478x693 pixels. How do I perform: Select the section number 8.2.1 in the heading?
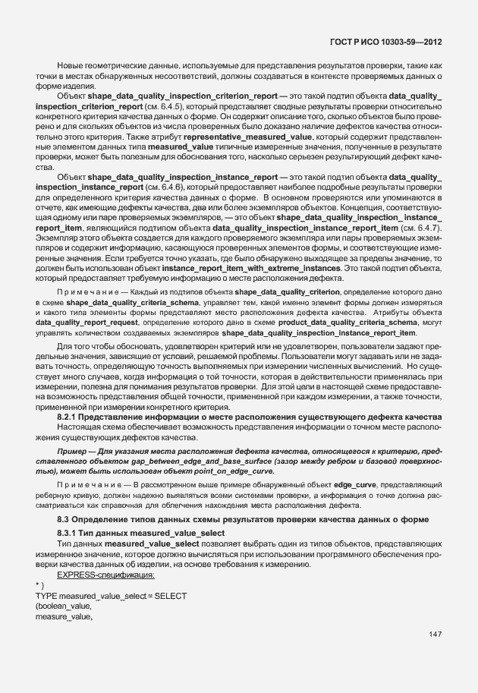pos(69,418)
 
